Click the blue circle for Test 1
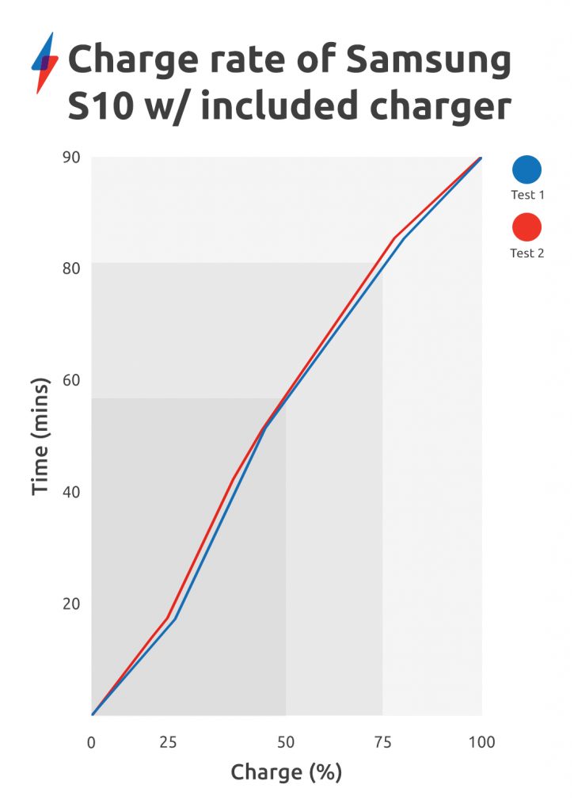tap(526, 170)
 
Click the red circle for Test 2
tap(526, 228)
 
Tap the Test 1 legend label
tap(526, 194)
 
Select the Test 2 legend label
tap(526, 253)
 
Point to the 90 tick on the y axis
tap(72, 157)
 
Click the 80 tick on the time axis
tap(72, 268)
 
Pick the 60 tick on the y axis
tap(72, 380)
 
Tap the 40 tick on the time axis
tap(72, 492)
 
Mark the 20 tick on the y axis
tap(72, 603)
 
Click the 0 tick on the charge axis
tap(92, 742)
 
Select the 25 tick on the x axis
tap(168, 742)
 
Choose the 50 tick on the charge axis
tap(286, 742)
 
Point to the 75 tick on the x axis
tap(383, 742)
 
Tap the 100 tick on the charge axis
tap(481, 742)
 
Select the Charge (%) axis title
tap(286, 772)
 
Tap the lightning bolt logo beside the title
tap(44, 63)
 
